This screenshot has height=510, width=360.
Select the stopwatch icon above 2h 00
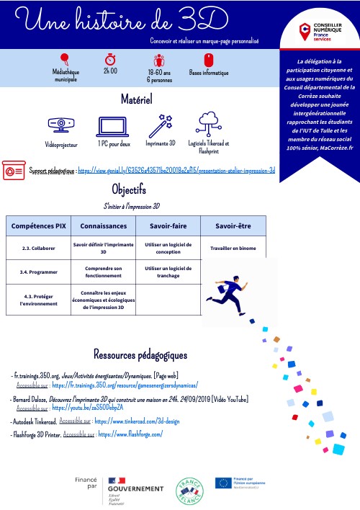(111, 58)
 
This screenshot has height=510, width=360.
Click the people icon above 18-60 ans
(159, 59)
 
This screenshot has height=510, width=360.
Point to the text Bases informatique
(208, 73)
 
